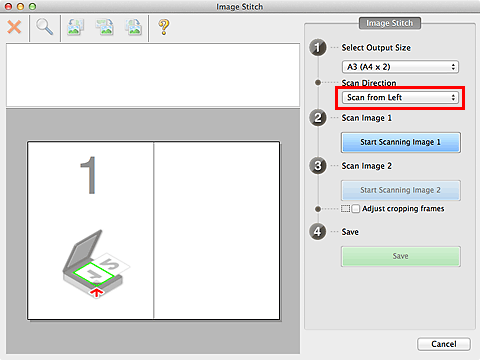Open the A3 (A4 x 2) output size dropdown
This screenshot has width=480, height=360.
(x=400, y=66)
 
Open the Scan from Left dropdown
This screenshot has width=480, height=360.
(x=400, y=98)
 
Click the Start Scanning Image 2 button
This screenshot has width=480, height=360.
(x=400, y=190)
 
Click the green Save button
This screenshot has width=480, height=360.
(x=400, y=256)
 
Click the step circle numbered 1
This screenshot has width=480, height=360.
(x=318, y=48)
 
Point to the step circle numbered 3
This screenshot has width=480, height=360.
(x=318, y=166)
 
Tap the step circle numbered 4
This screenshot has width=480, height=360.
(x=318, y=232)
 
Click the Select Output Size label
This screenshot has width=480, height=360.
(x=376, y=48)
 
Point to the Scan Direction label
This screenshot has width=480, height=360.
(x=370, y=83)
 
